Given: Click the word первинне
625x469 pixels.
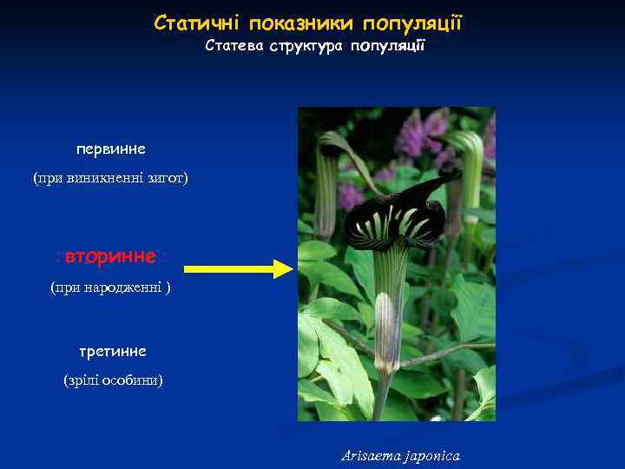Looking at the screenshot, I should click(111, 149).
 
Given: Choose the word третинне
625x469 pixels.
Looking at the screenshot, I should click(111, 351).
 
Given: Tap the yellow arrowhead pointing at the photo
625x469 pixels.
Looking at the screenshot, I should click(285, 268).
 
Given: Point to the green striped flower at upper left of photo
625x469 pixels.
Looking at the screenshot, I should click(328, 174).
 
